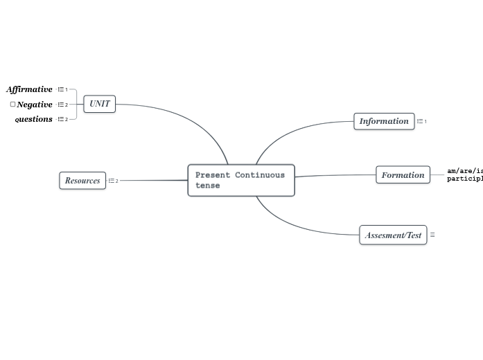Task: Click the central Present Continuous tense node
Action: tap(241, 180)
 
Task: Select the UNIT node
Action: tap(99, 104)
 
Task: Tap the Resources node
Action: tap(82, 181)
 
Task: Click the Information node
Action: tap(384, 121)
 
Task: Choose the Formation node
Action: tap(403, 175)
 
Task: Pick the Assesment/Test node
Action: tap(393, 235)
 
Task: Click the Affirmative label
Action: tap(30, 89)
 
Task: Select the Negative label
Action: tap(35, 105)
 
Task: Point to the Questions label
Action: tap(34, 119)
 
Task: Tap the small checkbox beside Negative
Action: tap(12, 105)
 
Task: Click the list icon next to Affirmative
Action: tap(61, 89)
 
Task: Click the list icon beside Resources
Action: tap(112, 181)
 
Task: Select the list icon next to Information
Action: tap(420, 121)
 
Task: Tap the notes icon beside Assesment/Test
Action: tap(432, 235)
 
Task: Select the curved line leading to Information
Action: tap(291, 129)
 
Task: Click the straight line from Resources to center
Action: tap(152, 181)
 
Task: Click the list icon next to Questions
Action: tap(61, 119)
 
